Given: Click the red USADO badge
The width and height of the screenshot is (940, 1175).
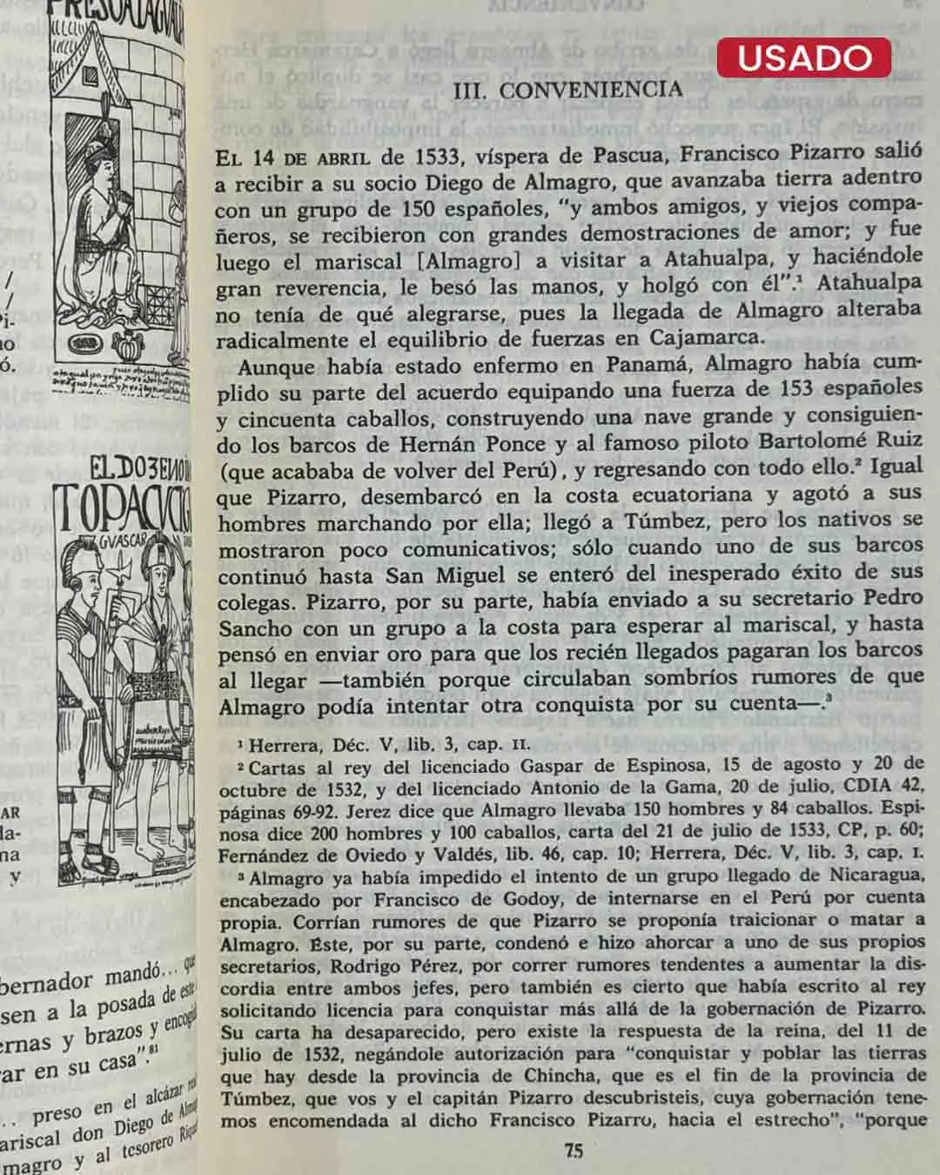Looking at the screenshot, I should pos(804,57).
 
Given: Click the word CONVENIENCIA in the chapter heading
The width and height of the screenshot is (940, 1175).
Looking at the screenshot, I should pos(591,90).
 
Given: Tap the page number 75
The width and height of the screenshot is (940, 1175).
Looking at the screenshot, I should pos(574,1151).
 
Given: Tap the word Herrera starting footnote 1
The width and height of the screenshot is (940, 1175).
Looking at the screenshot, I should pos(281,745).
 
